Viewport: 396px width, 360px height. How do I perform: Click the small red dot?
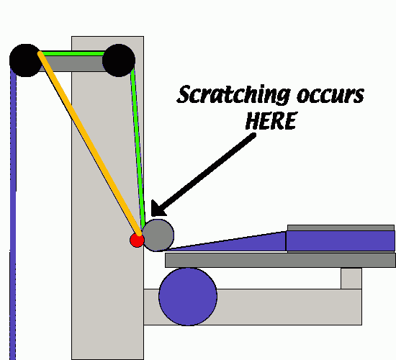(x=137, y=240)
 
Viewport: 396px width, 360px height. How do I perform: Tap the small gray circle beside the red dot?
(x=158, y=235)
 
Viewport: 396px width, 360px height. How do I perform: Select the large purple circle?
(x=188, y=297)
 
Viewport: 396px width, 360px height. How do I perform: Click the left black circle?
(x=25, y=60)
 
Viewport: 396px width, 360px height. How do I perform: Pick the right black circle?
(x=119, y=60)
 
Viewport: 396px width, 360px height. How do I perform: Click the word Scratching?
(x=234, y=95)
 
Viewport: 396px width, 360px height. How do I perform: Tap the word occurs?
(x=330, y=96)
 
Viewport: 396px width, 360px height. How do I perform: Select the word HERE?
(x=271, y=121)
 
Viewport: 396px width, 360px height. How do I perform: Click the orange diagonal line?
(x=90, y=144)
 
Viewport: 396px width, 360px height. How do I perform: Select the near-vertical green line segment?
(x=138, y=147)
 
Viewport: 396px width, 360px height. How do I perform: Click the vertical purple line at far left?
(x=13, y=215)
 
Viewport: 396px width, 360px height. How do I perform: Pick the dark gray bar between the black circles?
(x=73, y=63)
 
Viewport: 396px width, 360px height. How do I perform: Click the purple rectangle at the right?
(x=341, y=240)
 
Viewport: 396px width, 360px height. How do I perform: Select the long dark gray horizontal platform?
(x=280, y=260)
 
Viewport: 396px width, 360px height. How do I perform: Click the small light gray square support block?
(x=351, y=279)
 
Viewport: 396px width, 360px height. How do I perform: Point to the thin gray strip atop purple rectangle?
(x=341, y=228)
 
